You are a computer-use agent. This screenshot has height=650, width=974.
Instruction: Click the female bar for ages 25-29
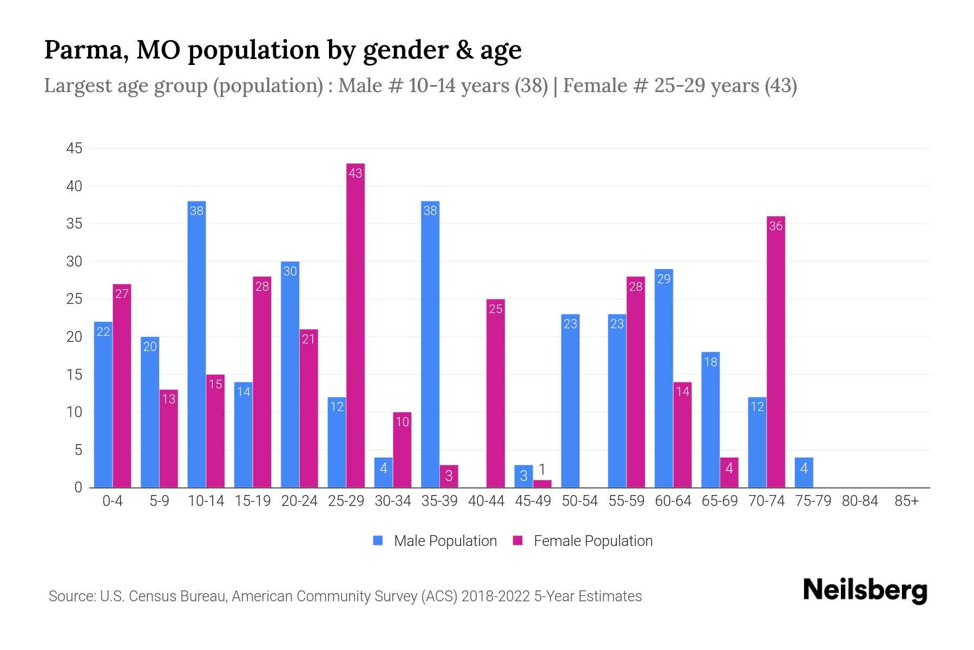356,325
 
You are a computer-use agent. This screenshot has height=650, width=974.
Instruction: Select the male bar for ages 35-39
430,344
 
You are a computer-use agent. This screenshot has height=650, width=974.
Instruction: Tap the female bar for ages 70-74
775,352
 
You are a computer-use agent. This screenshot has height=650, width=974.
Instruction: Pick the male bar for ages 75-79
804,472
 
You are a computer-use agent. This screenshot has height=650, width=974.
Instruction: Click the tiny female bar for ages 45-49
542,484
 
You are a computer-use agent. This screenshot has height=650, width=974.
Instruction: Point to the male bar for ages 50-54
570,401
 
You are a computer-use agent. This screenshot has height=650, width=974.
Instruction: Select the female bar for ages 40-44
495,393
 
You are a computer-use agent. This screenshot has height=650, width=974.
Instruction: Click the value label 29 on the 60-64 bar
663,279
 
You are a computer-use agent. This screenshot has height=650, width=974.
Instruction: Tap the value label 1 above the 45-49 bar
542,470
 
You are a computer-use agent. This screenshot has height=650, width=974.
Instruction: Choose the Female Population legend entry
583,541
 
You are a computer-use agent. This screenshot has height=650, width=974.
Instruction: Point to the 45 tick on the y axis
74,148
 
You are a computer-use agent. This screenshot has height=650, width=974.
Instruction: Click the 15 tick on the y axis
74,375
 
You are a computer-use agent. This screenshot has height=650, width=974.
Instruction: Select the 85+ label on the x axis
906,501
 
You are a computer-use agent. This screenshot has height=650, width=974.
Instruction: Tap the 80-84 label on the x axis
860,501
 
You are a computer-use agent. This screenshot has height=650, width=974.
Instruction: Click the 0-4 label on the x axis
113,501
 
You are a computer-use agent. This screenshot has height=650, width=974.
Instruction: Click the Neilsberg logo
865,590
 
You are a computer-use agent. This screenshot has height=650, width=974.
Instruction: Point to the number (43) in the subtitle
780,86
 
